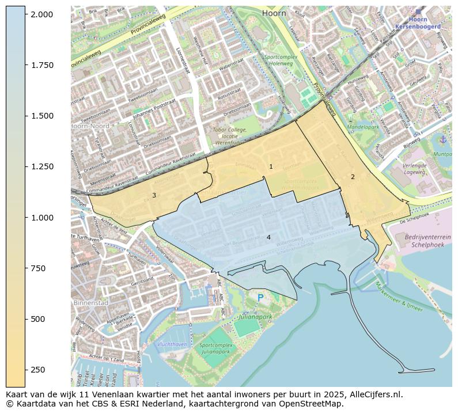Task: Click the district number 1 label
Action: pos(271,166)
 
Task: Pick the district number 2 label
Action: pos(353,177)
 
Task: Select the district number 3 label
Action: pos(154,195)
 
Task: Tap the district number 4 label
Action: pos(268,237)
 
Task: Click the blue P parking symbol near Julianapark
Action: pos(260,297)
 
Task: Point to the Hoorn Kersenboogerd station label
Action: pos(419,22)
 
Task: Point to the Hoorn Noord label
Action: pos(90,126)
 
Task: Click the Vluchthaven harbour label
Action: pos(172,344)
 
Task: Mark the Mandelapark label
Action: pos(363,126)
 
